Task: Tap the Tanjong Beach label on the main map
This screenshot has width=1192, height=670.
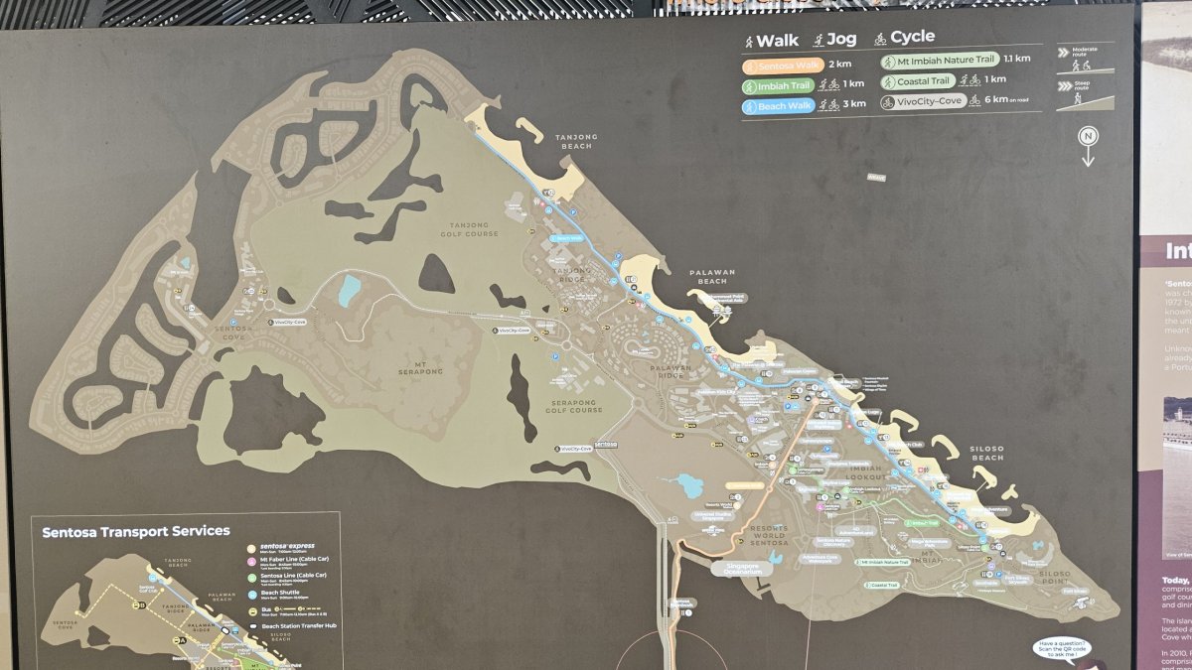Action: point(576,142)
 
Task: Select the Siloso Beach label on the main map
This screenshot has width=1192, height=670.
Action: point(987,453)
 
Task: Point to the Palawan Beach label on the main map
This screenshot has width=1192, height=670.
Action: point(711,276)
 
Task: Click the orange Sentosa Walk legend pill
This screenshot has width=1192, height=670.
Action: point(784,65)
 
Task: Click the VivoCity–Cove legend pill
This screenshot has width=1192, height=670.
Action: point(924,100)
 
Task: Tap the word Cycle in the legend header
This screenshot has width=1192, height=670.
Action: point(912,37)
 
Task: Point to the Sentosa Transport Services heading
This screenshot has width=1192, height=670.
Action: point(136,532)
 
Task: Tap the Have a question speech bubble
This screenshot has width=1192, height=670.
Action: point(1062,649)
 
